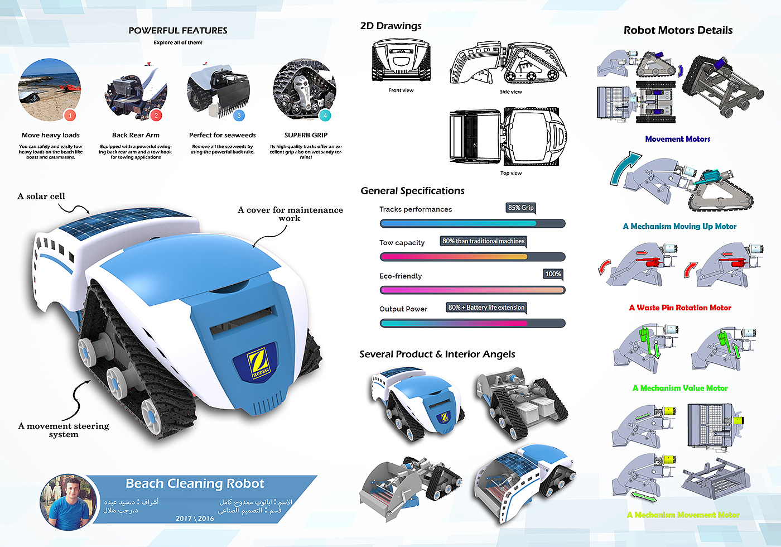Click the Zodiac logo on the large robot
click(258, 364)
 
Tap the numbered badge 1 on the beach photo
click(70, 116)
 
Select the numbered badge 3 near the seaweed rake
click(239, 116)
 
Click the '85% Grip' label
click(520, 208)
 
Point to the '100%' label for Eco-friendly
click(553, 274)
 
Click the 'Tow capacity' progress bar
click(472, 257)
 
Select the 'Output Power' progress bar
click(472, 323)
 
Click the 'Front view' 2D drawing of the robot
click(401, 60)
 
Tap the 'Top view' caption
click(511, 173)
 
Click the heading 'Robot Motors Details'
click(678, 31)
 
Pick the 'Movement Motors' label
click(678, 139)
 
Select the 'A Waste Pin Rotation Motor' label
click(680, 308)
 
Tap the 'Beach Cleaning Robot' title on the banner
click(195, 483)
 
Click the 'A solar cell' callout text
click(41, 196)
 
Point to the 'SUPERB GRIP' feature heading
click(306, 135)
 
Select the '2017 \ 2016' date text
click(195, 519)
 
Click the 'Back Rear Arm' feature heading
click(136, 135)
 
